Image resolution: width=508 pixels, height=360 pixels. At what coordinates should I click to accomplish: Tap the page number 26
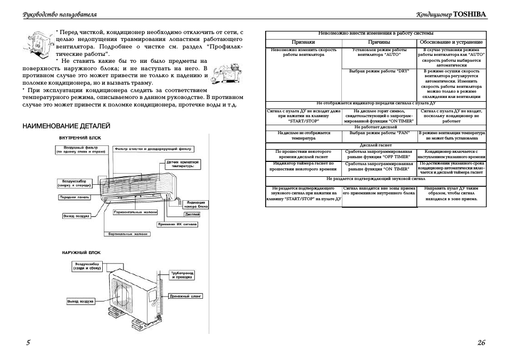click(x=481, y=342)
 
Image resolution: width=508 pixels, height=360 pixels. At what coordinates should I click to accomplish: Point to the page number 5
click(x=28, y=342)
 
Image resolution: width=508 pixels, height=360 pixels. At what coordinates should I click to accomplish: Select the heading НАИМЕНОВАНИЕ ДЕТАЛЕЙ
click(x=66, y=126)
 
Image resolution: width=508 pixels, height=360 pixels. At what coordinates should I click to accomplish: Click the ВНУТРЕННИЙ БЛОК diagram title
click(x=80, y=138)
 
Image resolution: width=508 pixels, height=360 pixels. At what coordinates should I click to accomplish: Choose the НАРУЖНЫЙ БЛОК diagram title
click(x=80, y=252)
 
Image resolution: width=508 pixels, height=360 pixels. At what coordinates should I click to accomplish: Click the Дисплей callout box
click(x=192, y=215)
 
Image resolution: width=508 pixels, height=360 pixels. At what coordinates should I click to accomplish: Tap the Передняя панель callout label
click(x=74, y=198)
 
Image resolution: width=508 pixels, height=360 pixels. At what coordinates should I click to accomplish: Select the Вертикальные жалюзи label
click(x=128, y=234)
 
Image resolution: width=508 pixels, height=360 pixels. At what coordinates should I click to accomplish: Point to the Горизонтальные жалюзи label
click(x=136, y=212)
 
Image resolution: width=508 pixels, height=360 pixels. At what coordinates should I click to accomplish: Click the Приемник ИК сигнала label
click(x=178, y=224)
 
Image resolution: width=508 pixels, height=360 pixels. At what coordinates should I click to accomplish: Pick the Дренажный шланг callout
click(x=185, y=296)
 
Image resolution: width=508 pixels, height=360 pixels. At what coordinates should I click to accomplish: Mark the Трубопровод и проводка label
click(x=182, y=275)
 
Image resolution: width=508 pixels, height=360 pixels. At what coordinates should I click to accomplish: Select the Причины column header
click(x=379, y=42)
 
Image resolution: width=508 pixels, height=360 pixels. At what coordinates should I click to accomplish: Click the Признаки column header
click(x=303, y=42)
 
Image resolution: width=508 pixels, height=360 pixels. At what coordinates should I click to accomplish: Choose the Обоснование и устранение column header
click(x=451, y=42)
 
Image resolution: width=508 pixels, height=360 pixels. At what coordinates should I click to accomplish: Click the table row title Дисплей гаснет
click(x=375, y=145)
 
